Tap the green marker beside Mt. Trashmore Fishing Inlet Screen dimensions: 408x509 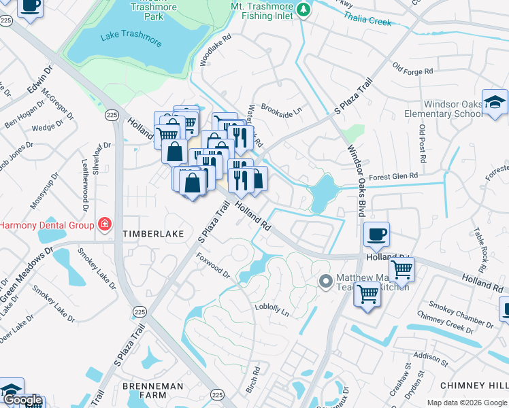tap(304, 10)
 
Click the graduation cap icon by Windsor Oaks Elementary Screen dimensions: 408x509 tap(495, 103)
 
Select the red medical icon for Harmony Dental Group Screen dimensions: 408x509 tap(104, 224)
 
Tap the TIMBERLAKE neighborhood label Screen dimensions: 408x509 tap(153, 234)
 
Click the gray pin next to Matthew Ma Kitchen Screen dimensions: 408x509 tap(326, 280)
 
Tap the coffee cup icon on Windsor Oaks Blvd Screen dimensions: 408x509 tap(376, 235)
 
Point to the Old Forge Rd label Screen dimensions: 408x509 tap(413, 69)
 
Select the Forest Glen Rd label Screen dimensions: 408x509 tap(393, 176)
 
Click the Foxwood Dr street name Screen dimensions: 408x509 tap(213, 266)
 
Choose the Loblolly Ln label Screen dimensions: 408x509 tap(272, 309)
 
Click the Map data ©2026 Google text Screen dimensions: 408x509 tap(467, 403)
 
